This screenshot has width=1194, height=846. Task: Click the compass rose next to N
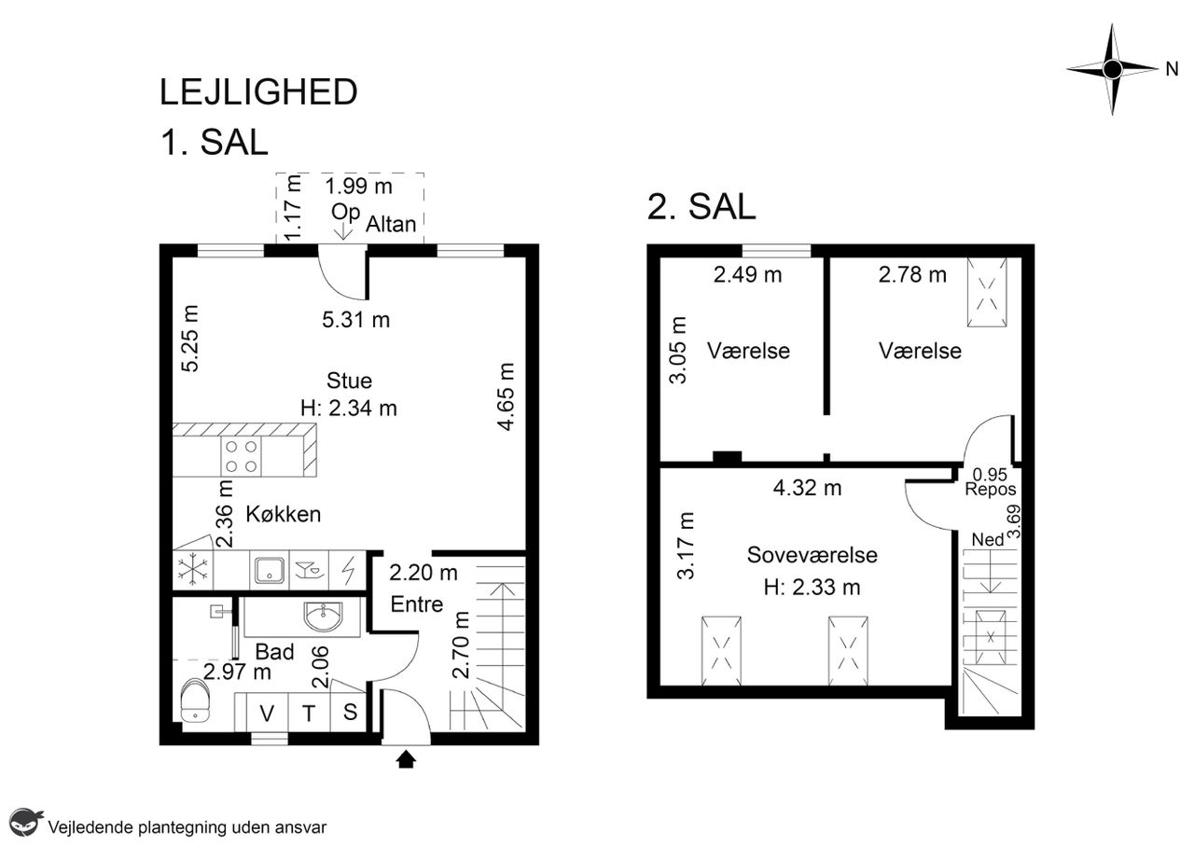coord(1112,69)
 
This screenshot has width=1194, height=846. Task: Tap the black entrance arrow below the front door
coord(406,759)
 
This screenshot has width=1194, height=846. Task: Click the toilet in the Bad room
coord(195,701)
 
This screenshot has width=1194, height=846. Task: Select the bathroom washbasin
coord(323,617)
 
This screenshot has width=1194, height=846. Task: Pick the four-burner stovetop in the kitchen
coord(241,456)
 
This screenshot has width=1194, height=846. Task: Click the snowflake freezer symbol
coord(192,569)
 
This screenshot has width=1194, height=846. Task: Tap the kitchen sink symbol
coord(270,570)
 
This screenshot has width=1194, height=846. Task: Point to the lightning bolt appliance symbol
coord(348,570)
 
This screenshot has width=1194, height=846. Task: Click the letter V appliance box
coord(267,713)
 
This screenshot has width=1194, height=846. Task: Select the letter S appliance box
coord(349,713)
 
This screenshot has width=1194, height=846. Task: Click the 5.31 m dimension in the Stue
coord(356,320)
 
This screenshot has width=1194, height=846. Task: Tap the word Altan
coord(391,225)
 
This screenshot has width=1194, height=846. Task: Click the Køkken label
coord(283,515)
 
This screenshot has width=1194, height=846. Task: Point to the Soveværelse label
coord(812,555)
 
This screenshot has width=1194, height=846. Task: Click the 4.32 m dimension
coord(808,488)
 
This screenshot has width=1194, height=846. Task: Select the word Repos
coord(991,490)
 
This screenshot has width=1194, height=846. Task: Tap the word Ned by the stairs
coord(988,540)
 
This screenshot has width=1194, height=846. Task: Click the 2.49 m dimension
coord(748,275)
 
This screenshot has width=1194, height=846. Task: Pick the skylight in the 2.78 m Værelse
coord(987,292)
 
